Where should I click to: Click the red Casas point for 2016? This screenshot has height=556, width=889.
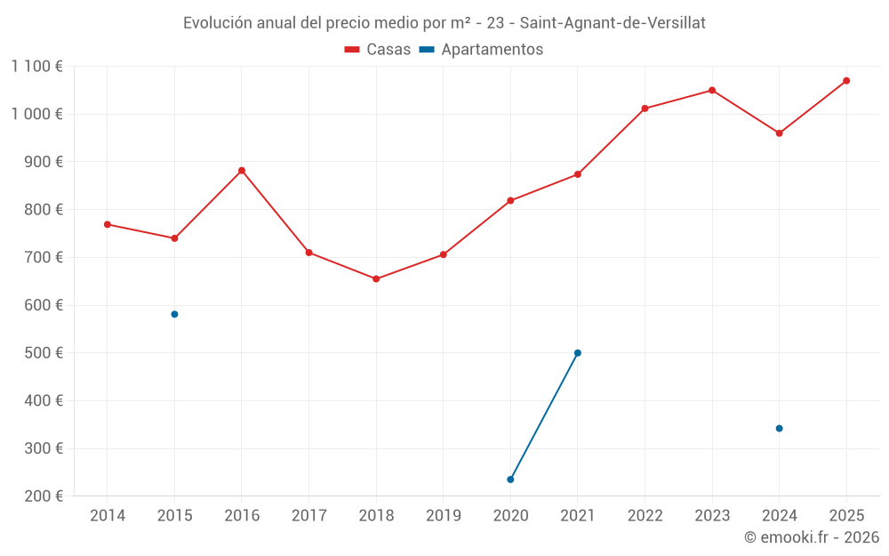[242, 171]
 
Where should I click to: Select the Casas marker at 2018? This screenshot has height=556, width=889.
[376, 279]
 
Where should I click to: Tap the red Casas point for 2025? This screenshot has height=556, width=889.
[846, 81]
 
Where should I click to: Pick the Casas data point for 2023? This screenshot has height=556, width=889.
[712, 90]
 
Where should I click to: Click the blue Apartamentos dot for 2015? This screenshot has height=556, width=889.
[174, 314]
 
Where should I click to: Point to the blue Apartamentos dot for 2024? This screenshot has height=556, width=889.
[779, 429]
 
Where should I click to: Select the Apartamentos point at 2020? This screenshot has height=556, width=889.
[510, 479]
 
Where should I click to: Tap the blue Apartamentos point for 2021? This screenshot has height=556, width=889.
[578, 353]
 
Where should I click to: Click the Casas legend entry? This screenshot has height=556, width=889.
[378, 50]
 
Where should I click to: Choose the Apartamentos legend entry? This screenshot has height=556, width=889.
[481, 50]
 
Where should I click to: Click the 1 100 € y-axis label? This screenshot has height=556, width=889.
[37, 66]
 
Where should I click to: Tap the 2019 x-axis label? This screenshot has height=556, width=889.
[444, 516]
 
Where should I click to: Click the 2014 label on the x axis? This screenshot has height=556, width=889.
[108, 516]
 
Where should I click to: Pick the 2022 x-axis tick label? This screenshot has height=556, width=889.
[645, 516]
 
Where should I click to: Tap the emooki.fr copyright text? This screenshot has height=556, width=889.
[811, 537]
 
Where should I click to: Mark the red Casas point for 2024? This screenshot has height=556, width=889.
[779, 133]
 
